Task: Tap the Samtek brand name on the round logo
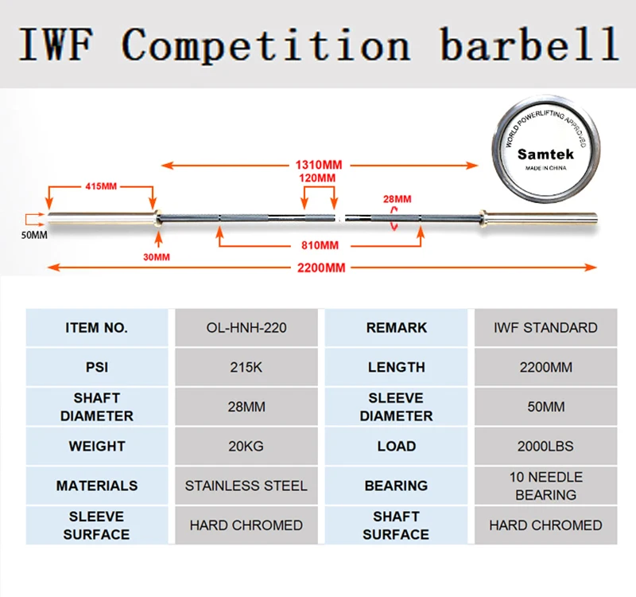(539, 154)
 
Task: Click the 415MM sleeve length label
(102, 185)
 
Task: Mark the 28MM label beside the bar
(397, 199)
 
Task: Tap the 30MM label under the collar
(157, 256)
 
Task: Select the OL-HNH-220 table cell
(246, 327)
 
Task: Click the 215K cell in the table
(246, 367)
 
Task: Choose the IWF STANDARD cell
(546, 327)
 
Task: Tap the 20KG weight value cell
(246, 446)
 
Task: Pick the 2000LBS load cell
(546, 446)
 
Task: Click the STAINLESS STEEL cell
(246, 486)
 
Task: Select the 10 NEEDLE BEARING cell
(546, 486)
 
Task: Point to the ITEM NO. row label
(97, 327)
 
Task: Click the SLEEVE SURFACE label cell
(97, 525)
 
